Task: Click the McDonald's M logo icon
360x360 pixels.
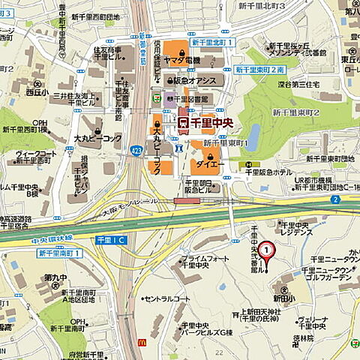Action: click(142, 341)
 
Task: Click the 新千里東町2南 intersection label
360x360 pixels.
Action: click(260, 69)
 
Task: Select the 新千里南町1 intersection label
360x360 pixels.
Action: click(60, 253)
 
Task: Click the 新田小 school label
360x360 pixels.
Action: click(283, 298)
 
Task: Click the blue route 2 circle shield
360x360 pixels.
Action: click(336, 199)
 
